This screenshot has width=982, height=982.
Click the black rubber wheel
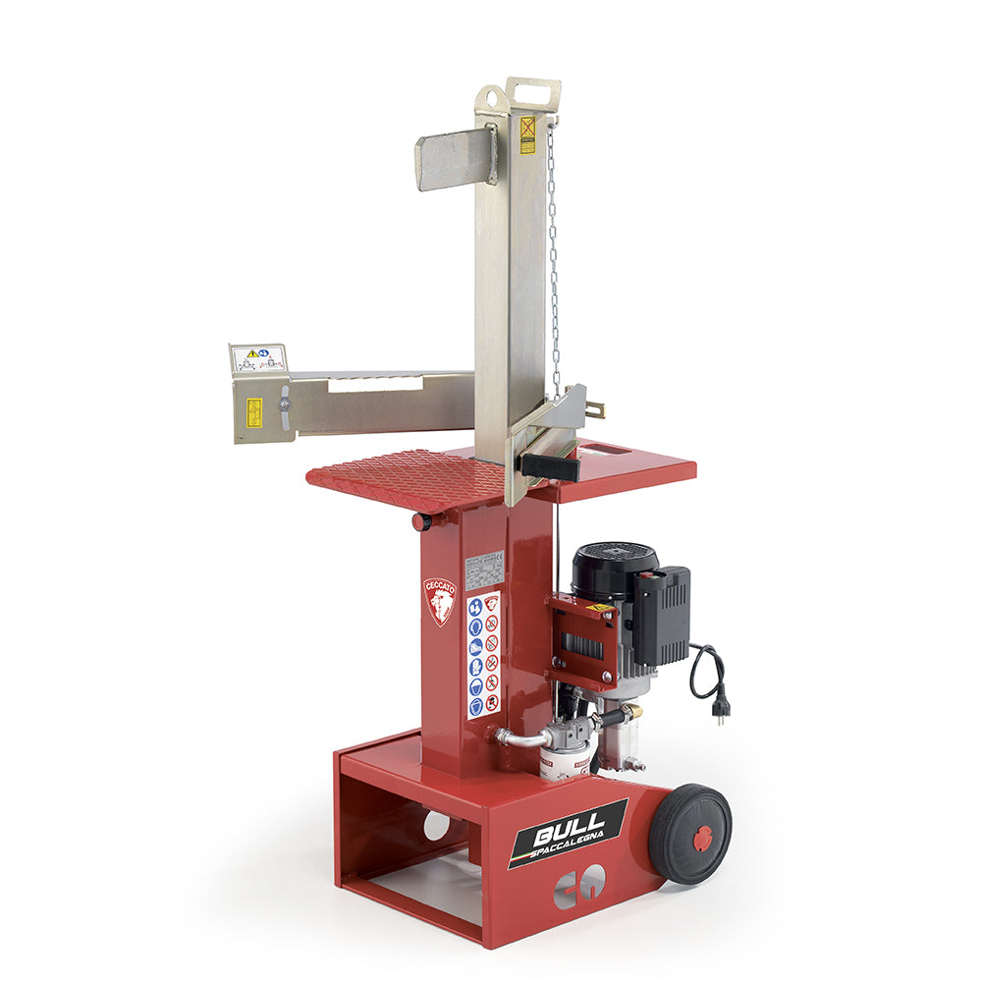pos(690,834)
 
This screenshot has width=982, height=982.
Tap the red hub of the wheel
pos(702,838)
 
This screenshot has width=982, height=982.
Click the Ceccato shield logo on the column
pos(440,600)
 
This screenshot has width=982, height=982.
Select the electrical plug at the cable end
pos(720,709)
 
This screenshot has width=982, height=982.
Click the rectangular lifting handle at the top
pos(533,94)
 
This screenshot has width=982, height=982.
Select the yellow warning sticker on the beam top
pos(527,136)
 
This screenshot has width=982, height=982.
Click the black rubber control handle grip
pos(551,467)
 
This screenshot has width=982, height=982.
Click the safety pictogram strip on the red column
pos(483,653)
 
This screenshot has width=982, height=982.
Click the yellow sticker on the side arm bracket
pos(253,412)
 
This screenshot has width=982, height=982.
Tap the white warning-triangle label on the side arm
pos(258,357)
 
